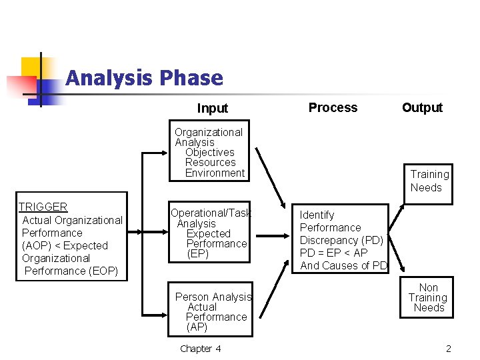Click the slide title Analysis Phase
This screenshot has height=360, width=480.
click(144, 79)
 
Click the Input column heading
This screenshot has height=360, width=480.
click(213, 108)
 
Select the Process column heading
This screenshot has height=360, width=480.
click(333, 107)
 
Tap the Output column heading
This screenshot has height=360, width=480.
click(422, 107)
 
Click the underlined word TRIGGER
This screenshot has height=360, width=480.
click(43, 207)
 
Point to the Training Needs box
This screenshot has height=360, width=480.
click(429, 181)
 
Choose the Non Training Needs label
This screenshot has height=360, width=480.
click(428, 297)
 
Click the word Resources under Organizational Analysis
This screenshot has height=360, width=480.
click(210, 163)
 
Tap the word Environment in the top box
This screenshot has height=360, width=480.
click(215, 173)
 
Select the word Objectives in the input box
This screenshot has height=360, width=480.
click(209, 153)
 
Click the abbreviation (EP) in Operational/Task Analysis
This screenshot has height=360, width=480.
click(198, 254)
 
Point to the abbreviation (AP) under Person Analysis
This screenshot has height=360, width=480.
click(197, 327)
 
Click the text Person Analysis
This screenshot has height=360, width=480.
click(213, 297)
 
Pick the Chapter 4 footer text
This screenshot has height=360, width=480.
click(200, 349)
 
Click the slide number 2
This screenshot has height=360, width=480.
click(449, 349)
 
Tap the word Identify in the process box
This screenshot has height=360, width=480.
click(317, 215)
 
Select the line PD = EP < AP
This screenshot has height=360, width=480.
click(333, 253)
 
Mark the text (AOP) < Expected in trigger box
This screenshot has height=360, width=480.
click(65, 245)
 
